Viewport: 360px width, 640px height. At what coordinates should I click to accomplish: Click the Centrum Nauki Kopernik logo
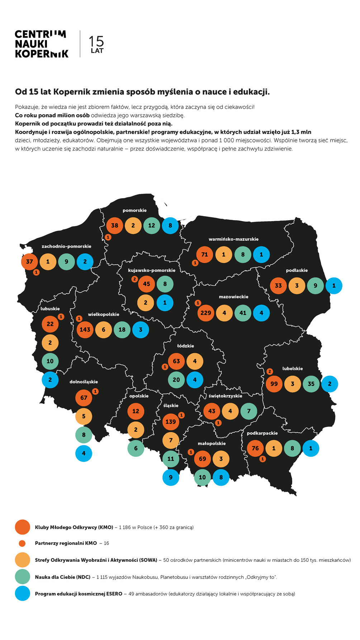[x=41, y=44]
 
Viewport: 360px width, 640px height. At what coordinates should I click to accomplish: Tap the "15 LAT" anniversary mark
[x=96, y=44]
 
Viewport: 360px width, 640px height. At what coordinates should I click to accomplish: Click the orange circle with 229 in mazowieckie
[x=206, y=313]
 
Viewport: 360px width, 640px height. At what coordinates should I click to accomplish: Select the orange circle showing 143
[x=85, y=330]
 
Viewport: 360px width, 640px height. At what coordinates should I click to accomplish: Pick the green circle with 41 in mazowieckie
[x=243, y=313]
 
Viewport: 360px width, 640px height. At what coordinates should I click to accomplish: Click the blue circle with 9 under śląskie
[x=171, y=477]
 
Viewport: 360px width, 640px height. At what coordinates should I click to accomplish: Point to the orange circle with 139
[x=171, y=422]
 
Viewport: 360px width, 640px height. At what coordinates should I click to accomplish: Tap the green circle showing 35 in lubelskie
[x=311, y=384]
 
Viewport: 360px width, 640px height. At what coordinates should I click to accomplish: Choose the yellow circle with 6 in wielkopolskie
[x=104, y=330]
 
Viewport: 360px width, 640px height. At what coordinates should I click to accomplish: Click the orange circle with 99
[x=274, y=384]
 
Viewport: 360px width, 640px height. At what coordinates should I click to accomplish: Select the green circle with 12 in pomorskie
[x=152, y=226]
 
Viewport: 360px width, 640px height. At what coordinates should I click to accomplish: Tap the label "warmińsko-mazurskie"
[x=233, y=239]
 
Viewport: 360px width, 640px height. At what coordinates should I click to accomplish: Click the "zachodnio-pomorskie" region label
[x=66, y=246]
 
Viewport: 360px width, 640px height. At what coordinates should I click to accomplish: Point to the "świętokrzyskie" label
[x=225, y=396]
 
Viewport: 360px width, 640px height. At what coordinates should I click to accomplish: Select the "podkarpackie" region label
[x=262, y=433]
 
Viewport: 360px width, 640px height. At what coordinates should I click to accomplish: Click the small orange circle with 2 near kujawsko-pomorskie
[x=134, y=279]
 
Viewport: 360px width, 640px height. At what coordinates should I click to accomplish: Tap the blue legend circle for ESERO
[x=22, y=593]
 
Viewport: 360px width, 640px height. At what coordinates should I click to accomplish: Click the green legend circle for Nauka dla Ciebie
[x=22, y=577]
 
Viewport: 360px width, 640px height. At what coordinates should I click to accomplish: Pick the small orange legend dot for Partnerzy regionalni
[x=22, y=543]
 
